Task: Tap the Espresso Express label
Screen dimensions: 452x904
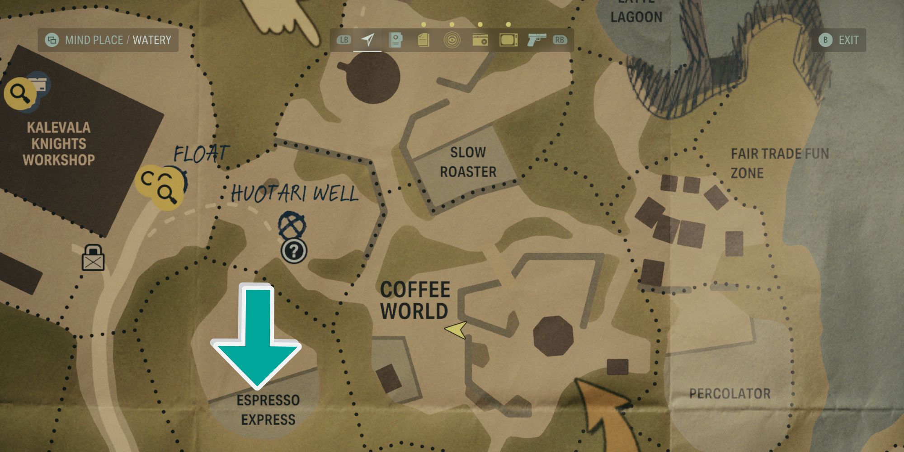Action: [x=268, y=410]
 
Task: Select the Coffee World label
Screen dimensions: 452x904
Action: [x=414, y=301]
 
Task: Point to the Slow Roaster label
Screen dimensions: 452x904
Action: [x=468, y=162]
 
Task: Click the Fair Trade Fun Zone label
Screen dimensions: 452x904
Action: [x=779, y=163]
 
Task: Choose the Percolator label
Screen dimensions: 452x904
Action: [x=730, y=394]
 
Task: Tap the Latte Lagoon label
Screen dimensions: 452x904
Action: [x=636, y=14]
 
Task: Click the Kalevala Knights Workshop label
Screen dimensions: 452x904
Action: [x=59, y=144]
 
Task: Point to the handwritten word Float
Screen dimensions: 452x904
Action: [x=201, y=154]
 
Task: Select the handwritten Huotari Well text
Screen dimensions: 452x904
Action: [x=294, y=194]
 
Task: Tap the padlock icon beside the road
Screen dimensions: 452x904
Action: [x=93, y=259]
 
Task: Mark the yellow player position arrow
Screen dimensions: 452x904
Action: [x=457, y=330]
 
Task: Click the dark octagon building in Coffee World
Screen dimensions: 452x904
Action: [x=553, y=336]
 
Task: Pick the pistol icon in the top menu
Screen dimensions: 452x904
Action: [x=537, y=40]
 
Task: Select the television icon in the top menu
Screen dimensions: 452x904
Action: [x=508, y=40]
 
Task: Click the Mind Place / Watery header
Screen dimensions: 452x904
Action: [x=108, y=40]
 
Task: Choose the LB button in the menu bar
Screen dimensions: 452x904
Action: [x=344, y=40]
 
